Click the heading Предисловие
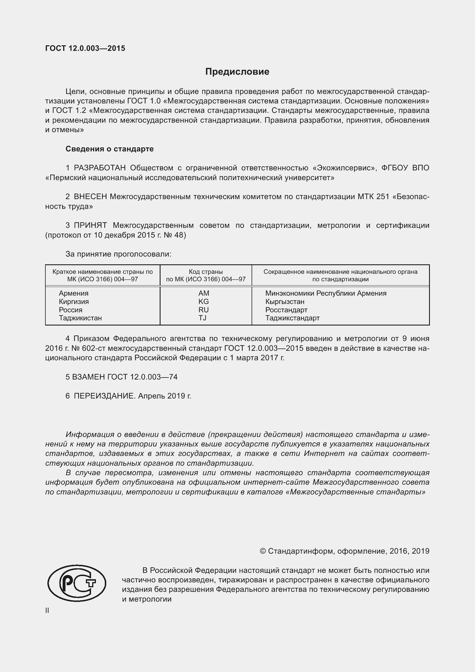(x=237, y=72)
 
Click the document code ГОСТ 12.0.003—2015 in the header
(x=85, y=48)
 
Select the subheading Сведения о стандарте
(x=109, y=149)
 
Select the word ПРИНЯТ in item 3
(x=90, y=225)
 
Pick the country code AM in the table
(x=204, y=293)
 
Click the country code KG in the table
(x=204, y=301)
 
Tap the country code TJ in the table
(x=202, y=318)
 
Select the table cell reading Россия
(x=70, y=310)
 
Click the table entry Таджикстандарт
(x=292, y=318)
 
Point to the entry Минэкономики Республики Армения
(x=326, y=293)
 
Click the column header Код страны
(x=206, y=272)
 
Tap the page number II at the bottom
(x=47, y=611)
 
